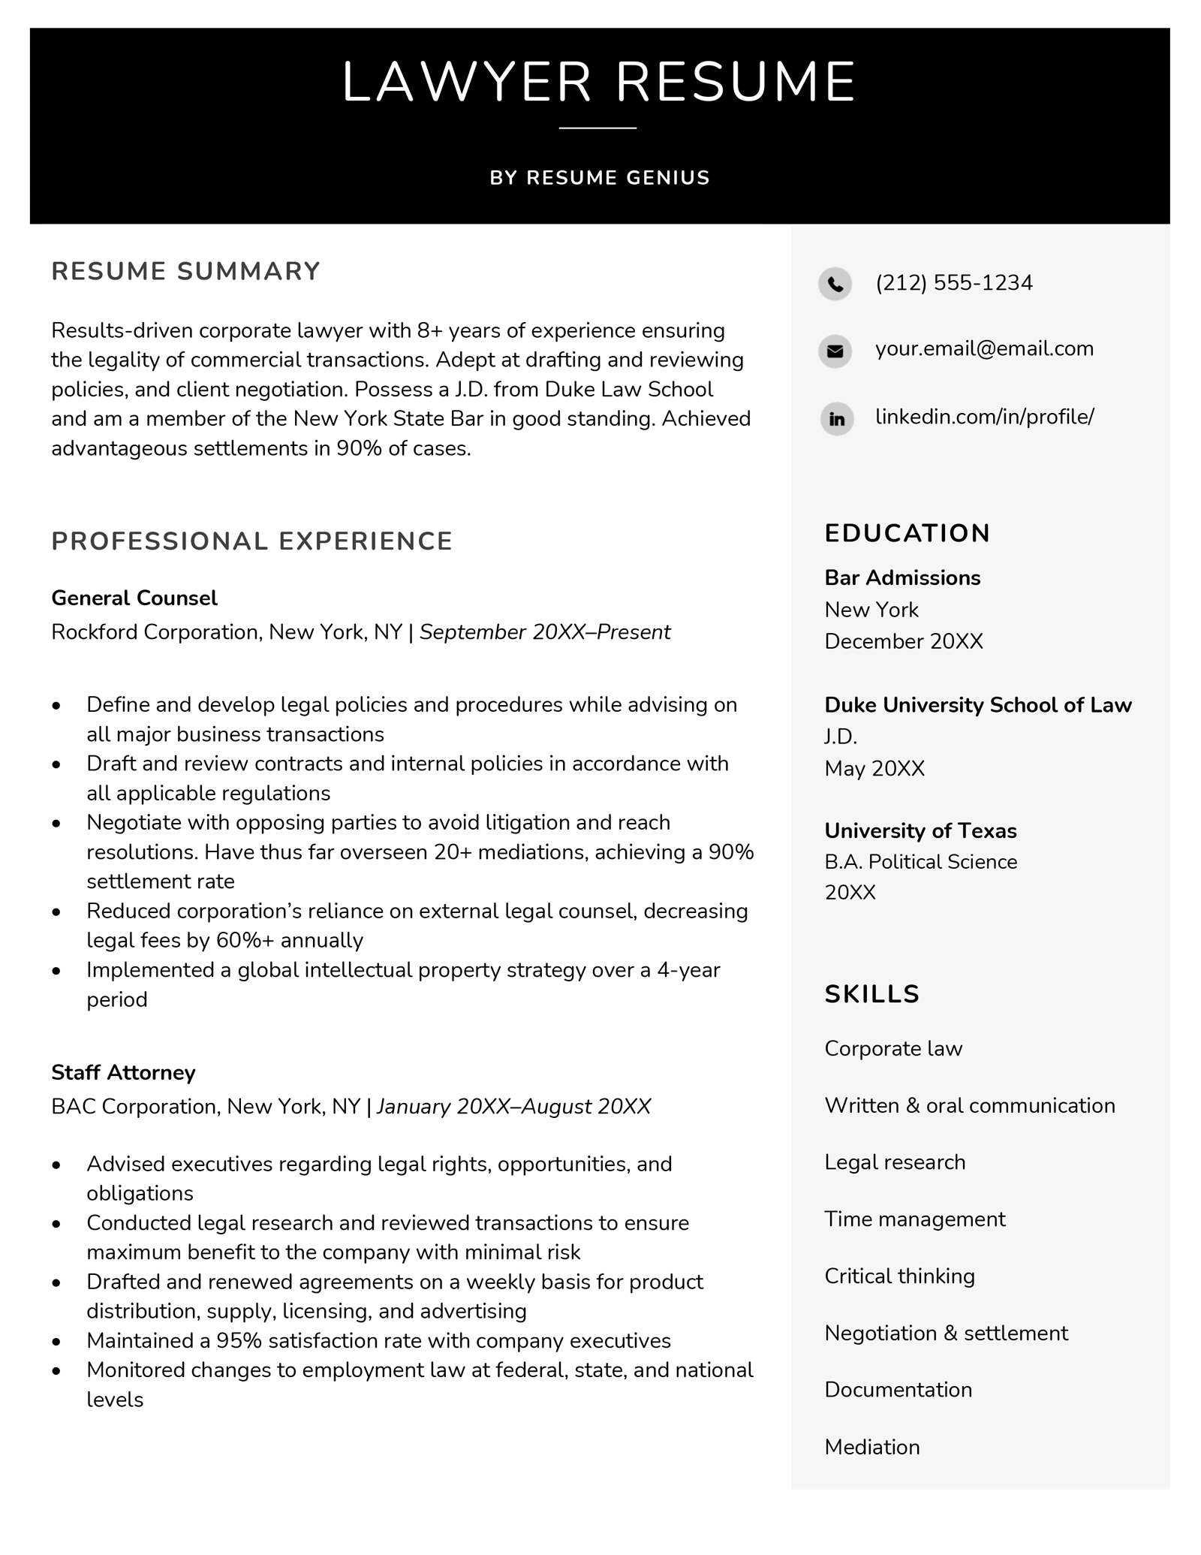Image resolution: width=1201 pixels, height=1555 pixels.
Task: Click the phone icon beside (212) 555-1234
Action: click(x=835, y=284)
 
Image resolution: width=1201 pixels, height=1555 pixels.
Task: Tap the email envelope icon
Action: click(x=835, y=351)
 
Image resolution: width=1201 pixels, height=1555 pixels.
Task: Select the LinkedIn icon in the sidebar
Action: click(x=836, y=418)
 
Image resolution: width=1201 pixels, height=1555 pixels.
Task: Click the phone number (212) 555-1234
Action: click(x=953, y=283)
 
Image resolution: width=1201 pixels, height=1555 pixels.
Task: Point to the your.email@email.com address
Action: click(x=984, y=348)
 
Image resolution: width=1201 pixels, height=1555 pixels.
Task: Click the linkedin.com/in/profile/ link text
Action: click(x=984, y=416)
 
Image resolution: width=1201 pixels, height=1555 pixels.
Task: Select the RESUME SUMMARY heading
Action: click(x=185, y=271)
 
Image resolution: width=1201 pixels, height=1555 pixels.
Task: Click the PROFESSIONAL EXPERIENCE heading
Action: click(x=251, y=541)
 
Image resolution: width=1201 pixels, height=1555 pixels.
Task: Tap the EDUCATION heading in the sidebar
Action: click(x=907, y=533)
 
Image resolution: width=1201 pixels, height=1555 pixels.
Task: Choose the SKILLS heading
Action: click(x=871, y=994)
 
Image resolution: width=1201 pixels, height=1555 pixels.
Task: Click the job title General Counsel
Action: click(x=134, y=598)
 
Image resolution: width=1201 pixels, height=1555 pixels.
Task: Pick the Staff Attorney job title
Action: click(x=123, y=1072)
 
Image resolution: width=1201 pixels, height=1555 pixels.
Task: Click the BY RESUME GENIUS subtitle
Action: click(x=599, y=178)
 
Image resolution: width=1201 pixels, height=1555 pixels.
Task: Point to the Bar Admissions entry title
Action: click(x=902, y=577)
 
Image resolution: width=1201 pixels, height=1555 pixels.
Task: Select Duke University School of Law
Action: click(x=977, y=704)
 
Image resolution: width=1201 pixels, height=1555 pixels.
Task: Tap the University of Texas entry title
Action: click(x=920, y=830)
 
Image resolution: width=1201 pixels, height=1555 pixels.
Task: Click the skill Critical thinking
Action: click(x=899, y=1276)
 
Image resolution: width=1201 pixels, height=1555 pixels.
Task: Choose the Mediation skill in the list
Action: click(x=871, y=1447)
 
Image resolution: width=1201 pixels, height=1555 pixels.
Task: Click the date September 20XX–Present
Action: click(x=544, y=632)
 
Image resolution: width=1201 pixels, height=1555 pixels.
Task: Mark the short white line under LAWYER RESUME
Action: click(x=597, y=128)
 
